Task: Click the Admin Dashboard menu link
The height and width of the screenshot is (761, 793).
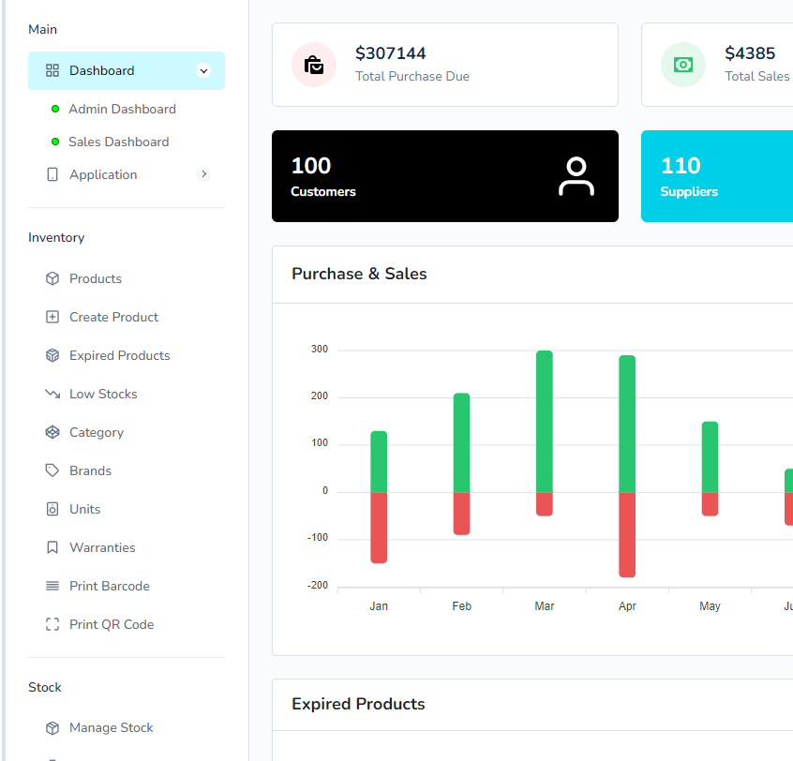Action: pos(122,109)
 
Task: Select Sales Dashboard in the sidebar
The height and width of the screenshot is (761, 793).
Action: pos(118,142)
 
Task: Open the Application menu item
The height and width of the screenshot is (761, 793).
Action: pos(103,174)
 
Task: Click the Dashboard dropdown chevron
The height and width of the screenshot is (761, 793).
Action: pos(203,70)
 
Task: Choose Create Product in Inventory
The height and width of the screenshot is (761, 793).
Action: pos(113,317)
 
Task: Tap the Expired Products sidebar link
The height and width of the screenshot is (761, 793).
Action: pos(119,355)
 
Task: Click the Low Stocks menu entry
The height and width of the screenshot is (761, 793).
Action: pos(103,394)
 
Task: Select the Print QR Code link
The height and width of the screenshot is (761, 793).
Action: pos(111,624)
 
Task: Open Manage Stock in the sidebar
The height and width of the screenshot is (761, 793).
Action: pos(111,727)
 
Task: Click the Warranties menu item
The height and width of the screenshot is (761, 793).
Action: pos(102,547)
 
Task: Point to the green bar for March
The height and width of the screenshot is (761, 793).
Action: pos(545,421)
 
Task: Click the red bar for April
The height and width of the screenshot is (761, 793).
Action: pos(627,534)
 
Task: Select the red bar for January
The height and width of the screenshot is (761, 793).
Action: pos(379,527)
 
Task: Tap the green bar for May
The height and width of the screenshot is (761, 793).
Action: pos(710,456)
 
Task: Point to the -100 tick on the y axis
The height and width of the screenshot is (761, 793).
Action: pos(318,538)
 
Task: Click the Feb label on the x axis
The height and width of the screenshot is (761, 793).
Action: pos(461,606)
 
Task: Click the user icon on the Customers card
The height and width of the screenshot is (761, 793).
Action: pos(576,176)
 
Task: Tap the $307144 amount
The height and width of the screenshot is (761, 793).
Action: pos(390,53)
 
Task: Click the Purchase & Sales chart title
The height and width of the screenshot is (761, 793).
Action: pos(359,274)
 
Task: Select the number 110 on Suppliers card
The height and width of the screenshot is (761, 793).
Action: pos(681,166)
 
